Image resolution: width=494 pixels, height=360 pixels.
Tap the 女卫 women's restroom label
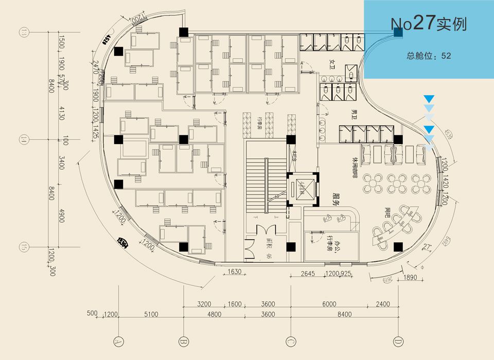(332, 63)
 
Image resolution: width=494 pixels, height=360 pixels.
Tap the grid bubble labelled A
(118, 341)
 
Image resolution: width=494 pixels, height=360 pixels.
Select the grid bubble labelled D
(398, 341)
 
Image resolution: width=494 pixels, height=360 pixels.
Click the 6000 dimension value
(329, 304)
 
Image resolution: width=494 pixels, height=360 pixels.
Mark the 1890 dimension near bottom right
(410, 278)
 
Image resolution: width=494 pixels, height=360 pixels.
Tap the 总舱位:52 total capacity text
(429, 56)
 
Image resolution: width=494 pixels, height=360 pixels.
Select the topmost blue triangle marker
(429, 98)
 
